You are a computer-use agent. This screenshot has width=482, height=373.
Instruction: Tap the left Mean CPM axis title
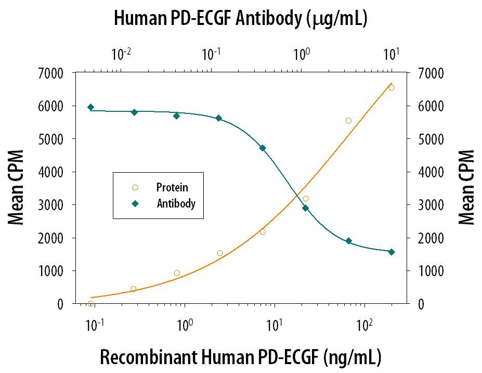17,188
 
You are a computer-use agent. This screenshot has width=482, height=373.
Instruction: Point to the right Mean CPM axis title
466,188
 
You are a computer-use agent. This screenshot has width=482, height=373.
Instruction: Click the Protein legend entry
172,187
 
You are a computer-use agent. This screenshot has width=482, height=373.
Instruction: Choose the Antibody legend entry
176,203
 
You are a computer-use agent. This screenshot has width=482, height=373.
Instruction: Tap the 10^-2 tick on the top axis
121,54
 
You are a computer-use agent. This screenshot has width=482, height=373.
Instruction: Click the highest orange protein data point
391,87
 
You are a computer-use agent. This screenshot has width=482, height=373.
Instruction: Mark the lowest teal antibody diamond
391,252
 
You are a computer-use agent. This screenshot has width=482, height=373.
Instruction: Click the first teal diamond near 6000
90,107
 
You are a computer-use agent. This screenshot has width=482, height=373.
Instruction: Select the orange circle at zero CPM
90,304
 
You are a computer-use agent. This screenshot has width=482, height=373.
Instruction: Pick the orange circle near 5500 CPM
348,121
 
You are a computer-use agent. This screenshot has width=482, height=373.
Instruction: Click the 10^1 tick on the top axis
391,54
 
